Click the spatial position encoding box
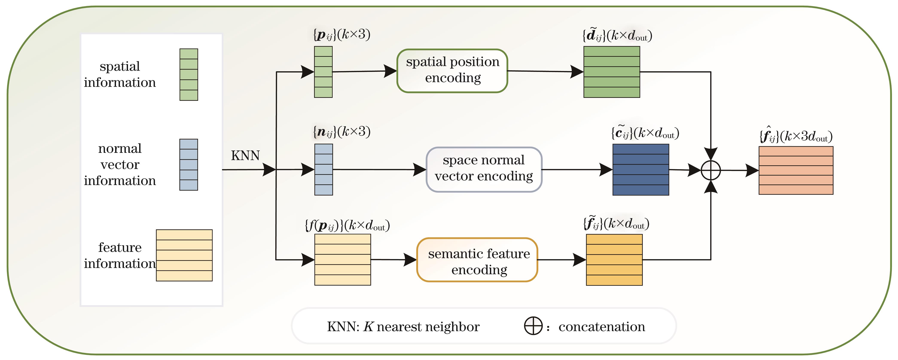[x=452, y=71]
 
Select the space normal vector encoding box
[x=484, y=169]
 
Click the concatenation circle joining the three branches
[x=710, y=170]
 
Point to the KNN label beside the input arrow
[x=245, y=155]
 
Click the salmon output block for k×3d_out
[x=796, y=170]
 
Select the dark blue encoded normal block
[x=641, y=170]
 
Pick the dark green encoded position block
[x=612, y=72]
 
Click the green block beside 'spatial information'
[x=189, y=74]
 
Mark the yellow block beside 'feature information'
[x=184, y=255]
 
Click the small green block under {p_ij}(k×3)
[x=323, y=72]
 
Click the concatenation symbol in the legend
[x=533, y=326]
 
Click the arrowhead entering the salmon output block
[x=752, y=170]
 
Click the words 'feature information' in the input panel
[x=120, y=255]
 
